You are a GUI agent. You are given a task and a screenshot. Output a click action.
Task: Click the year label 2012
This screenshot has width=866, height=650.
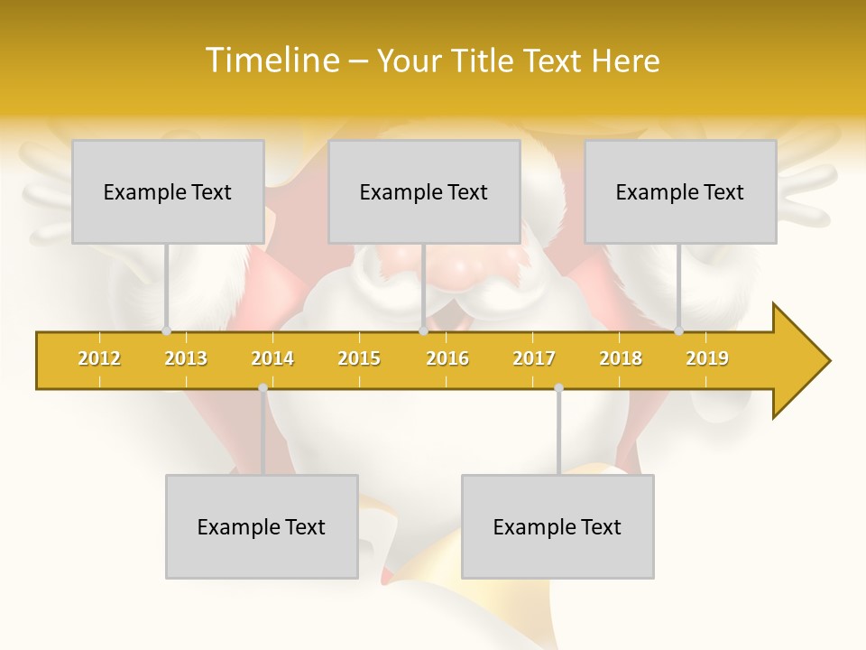click(99, 358)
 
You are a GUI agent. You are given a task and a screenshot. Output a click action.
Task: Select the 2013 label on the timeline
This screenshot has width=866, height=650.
click(186, 358)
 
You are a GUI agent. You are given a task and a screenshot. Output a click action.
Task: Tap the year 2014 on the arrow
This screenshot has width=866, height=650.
click(272, 358)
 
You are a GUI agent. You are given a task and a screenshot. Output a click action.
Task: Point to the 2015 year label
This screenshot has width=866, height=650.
click(359, 358)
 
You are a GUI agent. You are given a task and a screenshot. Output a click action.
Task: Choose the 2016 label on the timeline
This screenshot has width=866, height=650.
click(447, 358)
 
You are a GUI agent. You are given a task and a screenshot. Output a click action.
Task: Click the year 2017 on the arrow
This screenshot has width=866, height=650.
click(534, 358)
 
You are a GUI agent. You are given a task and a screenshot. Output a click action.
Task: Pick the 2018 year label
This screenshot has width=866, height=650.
click(621, 358)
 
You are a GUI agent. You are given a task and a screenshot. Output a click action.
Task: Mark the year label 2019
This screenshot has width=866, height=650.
click(707, 358)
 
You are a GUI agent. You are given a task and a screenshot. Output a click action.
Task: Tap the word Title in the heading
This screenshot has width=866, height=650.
click(483, 60)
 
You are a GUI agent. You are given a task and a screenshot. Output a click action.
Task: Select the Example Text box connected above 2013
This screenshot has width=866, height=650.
click(168, 191)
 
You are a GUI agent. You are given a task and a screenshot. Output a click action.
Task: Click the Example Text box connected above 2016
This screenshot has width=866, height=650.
click(424, 191)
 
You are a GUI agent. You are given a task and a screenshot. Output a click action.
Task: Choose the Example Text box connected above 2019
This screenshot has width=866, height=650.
click(680, 191)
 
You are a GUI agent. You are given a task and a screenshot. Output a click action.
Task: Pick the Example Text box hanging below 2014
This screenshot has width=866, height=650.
click(262, 526)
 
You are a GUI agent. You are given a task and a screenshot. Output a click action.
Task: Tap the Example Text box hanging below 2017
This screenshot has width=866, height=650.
click(557, 526)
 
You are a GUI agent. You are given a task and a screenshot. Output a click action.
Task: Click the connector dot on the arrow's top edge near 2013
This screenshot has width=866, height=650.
click(166, 330)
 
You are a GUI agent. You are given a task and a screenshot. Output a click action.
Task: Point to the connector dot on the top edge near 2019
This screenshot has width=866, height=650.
click(678, 330)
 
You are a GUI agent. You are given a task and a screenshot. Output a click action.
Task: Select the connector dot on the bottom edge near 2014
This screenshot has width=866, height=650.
click(263, 388)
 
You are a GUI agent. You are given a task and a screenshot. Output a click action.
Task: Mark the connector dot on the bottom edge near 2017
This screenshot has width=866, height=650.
click(558, 388)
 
